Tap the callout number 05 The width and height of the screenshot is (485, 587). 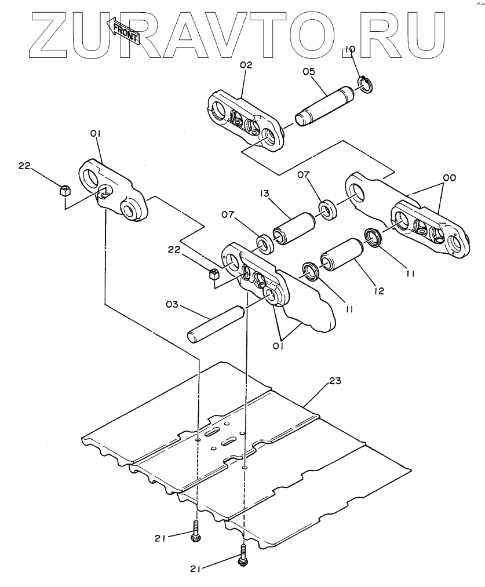308,71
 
